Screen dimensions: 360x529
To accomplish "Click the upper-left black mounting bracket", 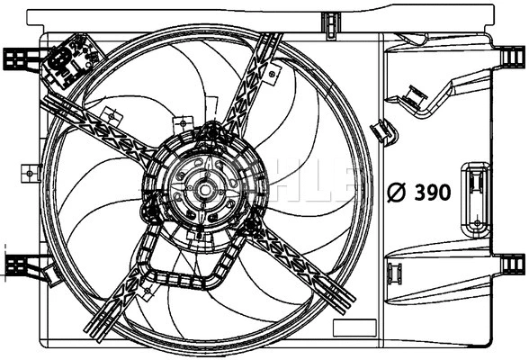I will tap(20, 58).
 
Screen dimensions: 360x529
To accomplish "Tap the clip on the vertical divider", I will tap(384, 131).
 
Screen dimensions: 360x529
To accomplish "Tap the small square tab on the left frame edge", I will tap(31, 171).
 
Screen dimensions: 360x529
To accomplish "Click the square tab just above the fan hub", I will tap(183, 123).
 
